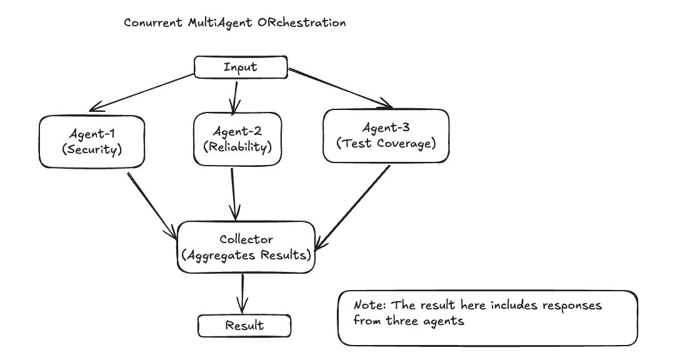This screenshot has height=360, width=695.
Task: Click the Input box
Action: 241,67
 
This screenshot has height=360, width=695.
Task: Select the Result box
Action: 244,326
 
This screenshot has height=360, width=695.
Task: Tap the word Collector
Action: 246,239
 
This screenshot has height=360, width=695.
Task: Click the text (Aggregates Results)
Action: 246,256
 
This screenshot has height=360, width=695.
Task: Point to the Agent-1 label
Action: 92,134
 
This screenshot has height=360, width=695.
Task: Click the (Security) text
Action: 92,150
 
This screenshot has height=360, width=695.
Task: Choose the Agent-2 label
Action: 237,131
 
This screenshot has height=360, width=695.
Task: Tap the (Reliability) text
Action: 237,147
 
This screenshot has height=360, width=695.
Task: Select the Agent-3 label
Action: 386,127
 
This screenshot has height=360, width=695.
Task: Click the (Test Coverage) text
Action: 386,143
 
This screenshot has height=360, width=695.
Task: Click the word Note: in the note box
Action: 368,306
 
